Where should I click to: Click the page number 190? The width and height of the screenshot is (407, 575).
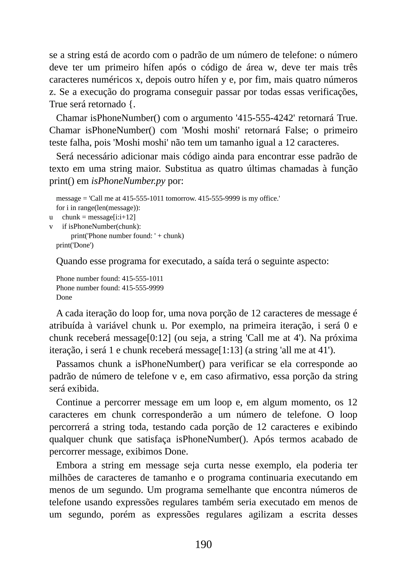[x=203, y=544]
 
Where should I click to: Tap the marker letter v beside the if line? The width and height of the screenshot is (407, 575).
[x=51, y=227]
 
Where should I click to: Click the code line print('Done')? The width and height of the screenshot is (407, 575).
[x=75, y=245]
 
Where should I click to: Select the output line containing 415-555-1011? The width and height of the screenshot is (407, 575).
[x=110, y=279]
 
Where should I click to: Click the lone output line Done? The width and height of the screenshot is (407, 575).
[x=64, y=297]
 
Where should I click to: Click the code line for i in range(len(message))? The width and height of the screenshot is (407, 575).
[x=98, y=208]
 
